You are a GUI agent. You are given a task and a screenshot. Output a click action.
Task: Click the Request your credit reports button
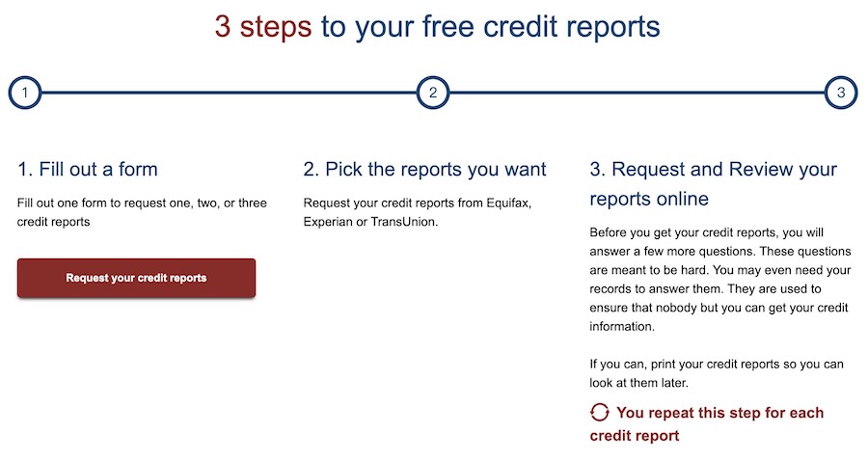click(136, 278)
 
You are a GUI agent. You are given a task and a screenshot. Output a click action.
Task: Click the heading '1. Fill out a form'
click(88, 169)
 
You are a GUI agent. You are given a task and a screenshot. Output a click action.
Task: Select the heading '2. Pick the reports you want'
click(424, 169)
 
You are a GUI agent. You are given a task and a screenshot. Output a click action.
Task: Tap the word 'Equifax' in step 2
click(508, 203)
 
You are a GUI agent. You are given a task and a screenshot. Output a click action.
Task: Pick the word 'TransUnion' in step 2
click(404, 222)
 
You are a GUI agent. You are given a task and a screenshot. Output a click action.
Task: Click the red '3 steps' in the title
click(263, 27)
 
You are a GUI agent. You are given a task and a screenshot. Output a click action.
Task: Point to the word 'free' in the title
click(448, 27)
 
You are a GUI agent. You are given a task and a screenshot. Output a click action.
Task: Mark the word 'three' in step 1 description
click(253, 203)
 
